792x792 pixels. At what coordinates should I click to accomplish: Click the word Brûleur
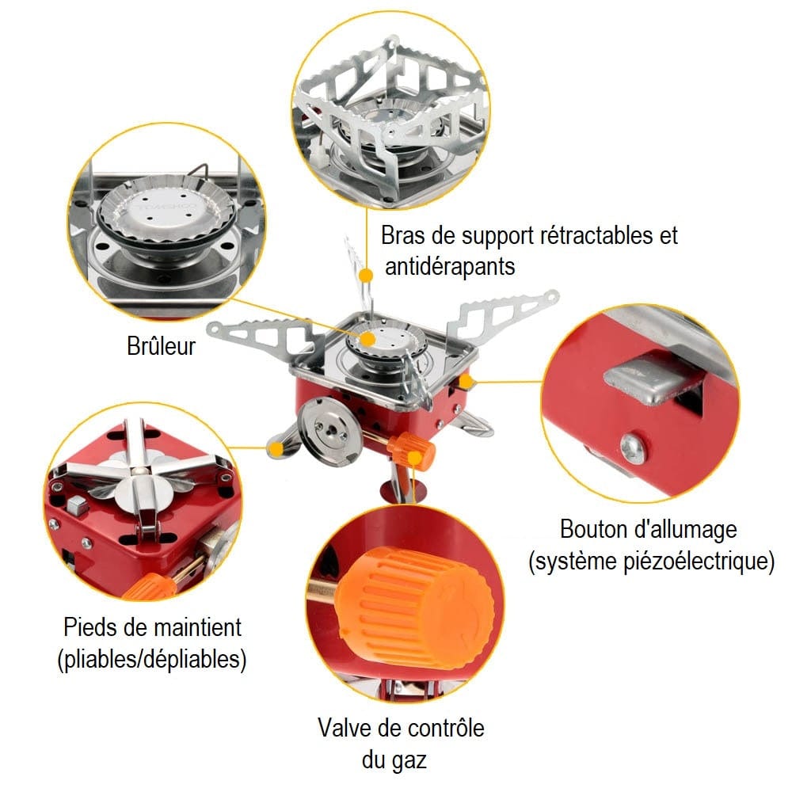(160, 347)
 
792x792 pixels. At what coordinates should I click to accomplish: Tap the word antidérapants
(450, 266)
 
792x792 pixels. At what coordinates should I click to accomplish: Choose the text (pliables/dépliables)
(151, 660)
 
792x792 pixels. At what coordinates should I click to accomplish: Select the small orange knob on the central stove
(416, 451)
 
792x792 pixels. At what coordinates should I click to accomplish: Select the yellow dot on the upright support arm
(365, 275)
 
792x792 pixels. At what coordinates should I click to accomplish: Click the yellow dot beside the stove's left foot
(275, 450)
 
